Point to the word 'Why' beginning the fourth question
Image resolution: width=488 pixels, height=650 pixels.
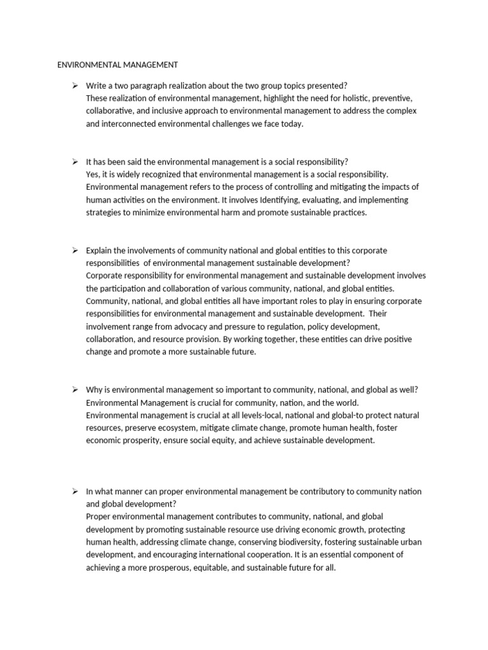pyautogui.click(x=93, y=390)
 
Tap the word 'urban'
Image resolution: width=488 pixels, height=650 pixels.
pyautogui.click(x=410, y=542)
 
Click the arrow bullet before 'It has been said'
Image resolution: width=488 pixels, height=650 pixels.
pyautogui.click(x=74, y=162)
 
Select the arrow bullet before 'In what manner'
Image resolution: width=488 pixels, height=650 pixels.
pyautogui.click(x=74, y=491)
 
